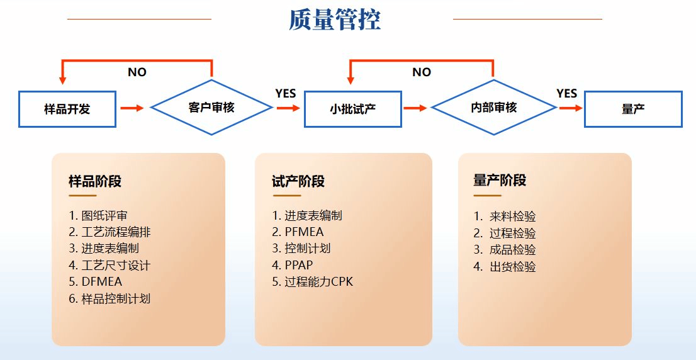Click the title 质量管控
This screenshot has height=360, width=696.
pos(334,20)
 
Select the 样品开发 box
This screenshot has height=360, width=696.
pos(67,109)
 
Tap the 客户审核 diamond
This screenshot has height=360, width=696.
pos(211,108)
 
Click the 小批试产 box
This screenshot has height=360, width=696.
pos(353,109)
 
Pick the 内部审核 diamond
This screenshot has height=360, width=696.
pos(494,108)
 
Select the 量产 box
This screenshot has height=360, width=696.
pos(633,109)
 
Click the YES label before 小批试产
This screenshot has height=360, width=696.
pos(285,94)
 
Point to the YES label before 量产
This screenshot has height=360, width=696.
pos(566,94)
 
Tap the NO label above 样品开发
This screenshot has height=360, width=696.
pos(137,72)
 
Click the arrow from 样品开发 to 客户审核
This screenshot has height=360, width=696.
pos(132,108)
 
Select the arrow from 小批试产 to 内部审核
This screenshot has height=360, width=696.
pos(415,108)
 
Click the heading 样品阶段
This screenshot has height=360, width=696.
pos(95,182)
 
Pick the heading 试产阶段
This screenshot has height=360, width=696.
pos(298,182)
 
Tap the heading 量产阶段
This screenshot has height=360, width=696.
pos(500,181)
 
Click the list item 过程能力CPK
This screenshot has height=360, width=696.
pos(313,282)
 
